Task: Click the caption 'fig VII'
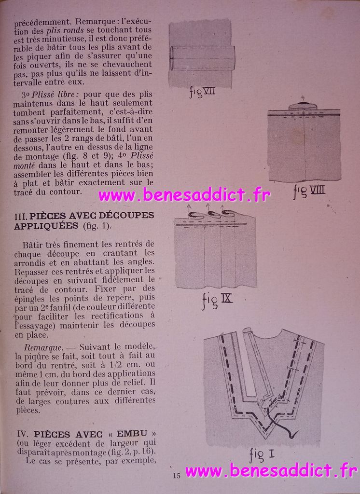coord(202,92)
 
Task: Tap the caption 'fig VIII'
coord(309,191)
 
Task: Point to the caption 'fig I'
coord(262,454)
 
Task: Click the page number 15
coord(177,475)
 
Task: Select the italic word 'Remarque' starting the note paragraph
coord(43,347)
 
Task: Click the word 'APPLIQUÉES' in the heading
coord(46,226)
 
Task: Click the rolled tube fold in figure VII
coord(202,58)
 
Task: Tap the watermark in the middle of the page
coord(184,195)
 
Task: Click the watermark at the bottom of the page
coord(271,471)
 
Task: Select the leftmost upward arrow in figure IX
coord(189,208)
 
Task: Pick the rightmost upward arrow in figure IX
coord(222,208)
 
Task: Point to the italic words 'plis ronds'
coord(65,30)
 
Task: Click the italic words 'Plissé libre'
coord(53,95)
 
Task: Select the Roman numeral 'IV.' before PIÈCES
coord(24,434)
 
